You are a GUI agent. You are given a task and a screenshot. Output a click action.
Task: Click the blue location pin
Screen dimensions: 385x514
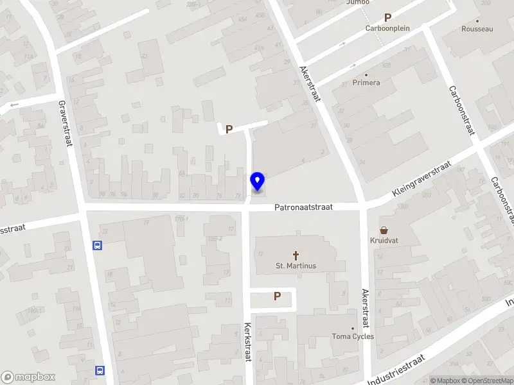[x=257, y=182]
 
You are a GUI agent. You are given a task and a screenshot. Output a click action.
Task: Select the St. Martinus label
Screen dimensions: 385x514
[x=296, y=266]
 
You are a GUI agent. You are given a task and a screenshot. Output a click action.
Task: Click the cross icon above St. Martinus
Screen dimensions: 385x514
[x=296, y=255]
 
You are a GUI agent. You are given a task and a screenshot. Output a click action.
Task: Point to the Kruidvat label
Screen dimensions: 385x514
[x=384, y=241]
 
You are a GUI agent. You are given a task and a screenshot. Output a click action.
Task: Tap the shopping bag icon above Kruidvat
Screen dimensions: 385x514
[x=384, y=230]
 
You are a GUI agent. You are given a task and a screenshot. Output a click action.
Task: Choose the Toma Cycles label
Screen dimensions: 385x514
[x=353, y=336]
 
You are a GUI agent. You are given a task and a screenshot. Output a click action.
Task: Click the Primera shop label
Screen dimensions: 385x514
[x=366, y=83]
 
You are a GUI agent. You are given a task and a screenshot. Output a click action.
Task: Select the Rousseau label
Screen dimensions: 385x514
[x=477, y=29]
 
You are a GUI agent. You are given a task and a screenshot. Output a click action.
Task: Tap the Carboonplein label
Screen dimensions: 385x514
[x=387, y=28]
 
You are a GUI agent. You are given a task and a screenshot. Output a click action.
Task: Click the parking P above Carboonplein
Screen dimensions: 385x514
[x=387, y=18]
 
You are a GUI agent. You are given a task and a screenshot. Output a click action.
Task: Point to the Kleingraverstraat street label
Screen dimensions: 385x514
[x=422, y=179]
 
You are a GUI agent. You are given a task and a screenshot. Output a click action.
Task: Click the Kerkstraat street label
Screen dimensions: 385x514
[x=247, y=342]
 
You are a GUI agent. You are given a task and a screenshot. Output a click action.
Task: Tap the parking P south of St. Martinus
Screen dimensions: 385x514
[x=278, y=296]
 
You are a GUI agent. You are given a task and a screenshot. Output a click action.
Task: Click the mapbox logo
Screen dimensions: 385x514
[x=28, y=377]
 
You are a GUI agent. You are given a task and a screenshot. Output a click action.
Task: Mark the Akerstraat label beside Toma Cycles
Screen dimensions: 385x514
[x=365, y=308]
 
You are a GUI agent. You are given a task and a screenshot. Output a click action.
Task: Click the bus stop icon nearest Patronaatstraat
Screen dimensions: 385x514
[x=98, y=244]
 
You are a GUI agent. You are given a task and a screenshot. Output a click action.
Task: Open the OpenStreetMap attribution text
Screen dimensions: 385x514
[x=489, y=381]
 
